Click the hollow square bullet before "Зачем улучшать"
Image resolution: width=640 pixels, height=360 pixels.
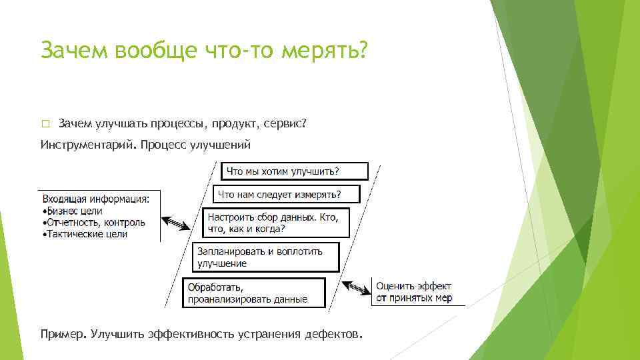pyautogui.click(x=45, y=124)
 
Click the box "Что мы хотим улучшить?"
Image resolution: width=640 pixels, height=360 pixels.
pyautogui.click(x=294, y=171)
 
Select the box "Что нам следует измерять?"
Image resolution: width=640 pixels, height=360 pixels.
pyautogui.click(x=286, y=194)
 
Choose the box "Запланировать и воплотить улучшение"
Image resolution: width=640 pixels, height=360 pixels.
pyautogui.click(x=266, y=257)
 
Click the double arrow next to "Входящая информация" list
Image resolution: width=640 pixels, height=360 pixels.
pyautogui.click(x=177, y=223)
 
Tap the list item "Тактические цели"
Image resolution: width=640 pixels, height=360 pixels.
pyautogui.click(x=85, y=234)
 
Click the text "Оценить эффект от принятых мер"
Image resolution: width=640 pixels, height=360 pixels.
pyautogui.click(x=413, y=293)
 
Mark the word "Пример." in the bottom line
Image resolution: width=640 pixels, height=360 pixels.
pyautogui.click(x=63, y=333)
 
